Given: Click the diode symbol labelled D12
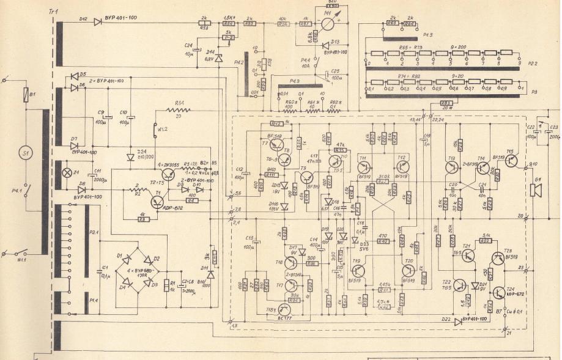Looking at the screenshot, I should (98, 22).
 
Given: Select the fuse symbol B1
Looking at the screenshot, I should (26, 95).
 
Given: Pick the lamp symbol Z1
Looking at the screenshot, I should (68, 172).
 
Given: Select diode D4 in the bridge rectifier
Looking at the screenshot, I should (125, 282).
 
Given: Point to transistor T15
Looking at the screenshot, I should (511, 161).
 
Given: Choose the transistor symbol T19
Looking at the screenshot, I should (359, 271).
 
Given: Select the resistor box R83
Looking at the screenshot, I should (446, 102).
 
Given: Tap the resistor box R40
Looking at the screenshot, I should (383, 241).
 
